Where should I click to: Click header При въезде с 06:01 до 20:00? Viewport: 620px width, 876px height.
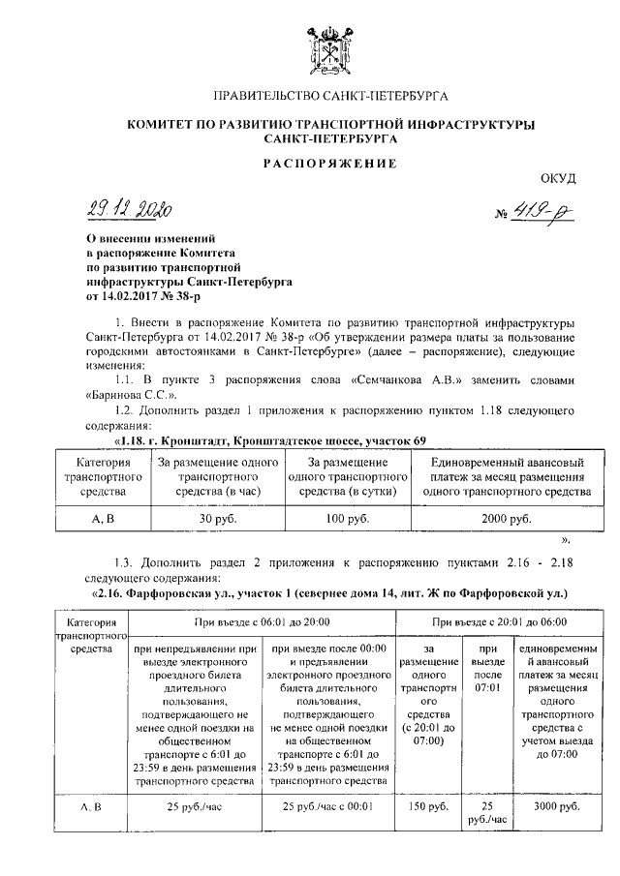pyautogui.click(x=263, y=621)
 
